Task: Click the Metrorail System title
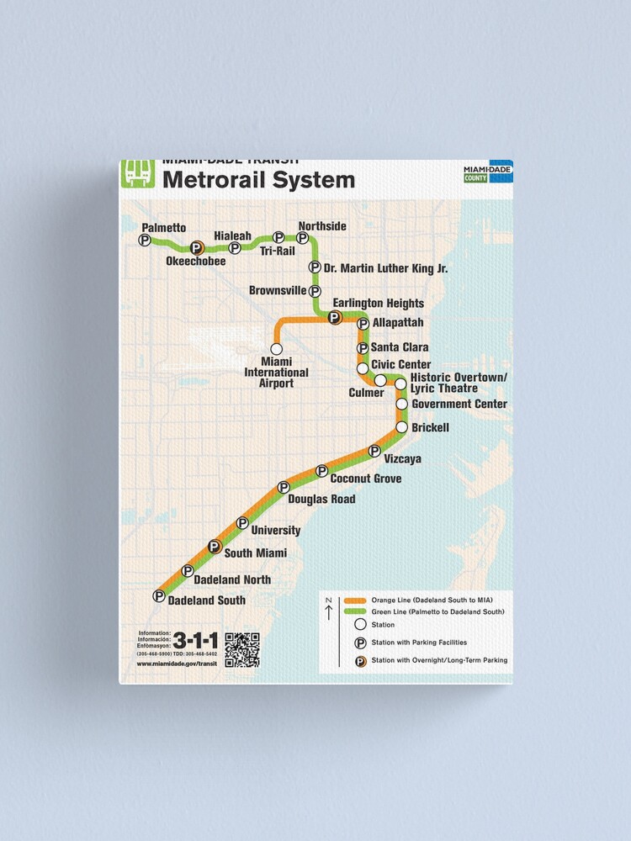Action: pos(258,180)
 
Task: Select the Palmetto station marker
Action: pos(145,241)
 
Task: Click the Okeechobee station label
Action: pos(196,261)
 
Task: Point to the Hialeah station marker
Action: pos(235,248)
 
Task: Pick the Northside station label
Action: pos(322,226)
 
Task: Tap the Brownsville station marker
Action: pos(315,291)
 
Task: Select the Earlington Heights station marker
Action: pos(334,317)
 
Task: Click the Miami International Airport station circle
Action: pos(276,348)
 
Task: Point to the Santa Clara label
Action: pos(400,347)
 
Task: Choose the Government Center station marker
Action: pos(401,405)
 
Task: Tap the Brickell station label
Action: pos(430,428)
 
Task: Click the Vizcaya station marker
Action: pos(374,452)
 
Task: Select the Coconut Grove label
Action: pos(365,479)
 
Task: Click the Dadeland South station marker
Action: pos(159,596)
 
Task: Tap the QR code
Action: pos(241,649)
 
